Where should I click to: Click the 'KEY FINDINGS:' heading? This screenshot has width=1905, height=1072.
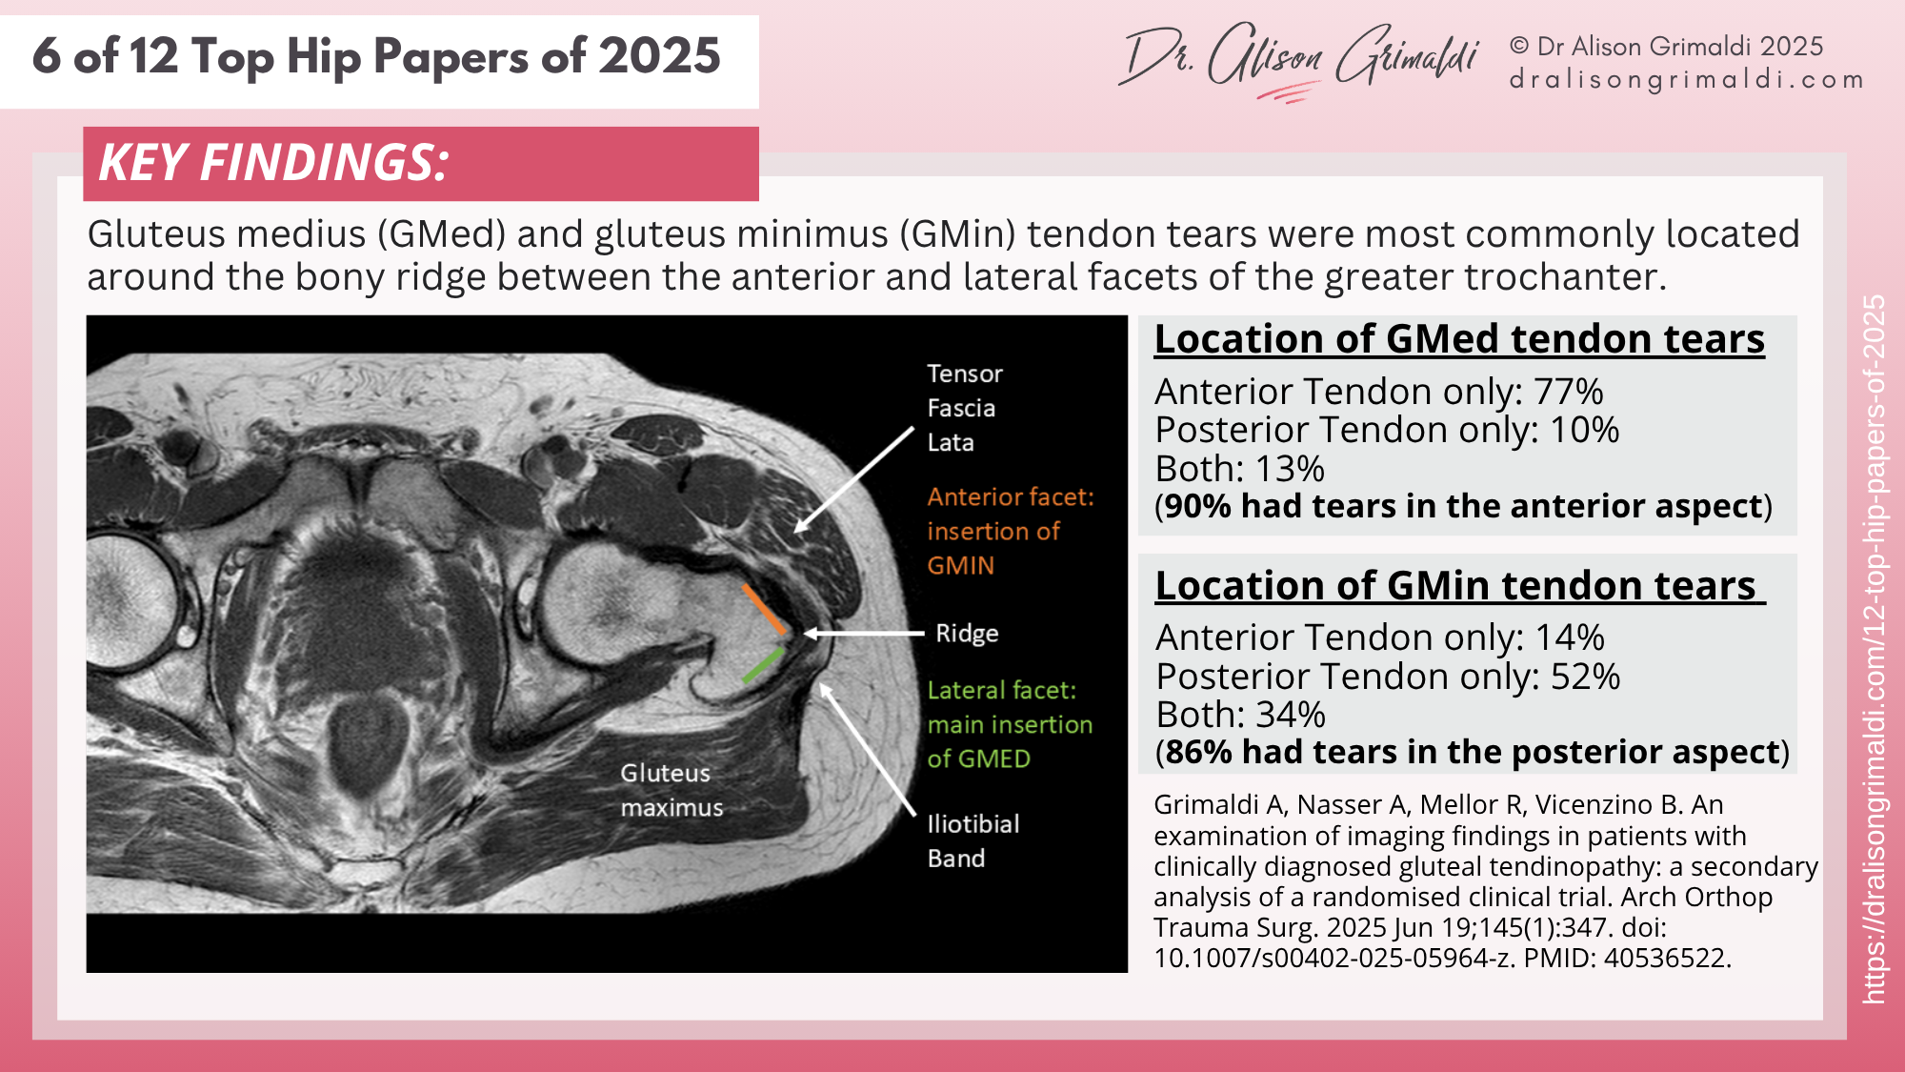pyautogui.click(x=274, y=163)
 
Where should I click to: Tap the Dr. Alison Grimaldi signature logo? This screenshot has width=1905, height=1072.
pyautogui.click(x=1299, y=59)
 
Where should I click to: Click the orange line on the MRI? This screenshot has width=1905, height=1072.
pyautogui.click(x=764, y=610)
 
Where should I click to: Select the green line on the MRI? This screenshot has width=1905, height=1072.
pyautogui.click(x=763, y=665)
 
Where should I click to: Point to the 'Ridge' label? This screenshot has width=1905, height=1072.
pyautogui.click(x=967, y=634)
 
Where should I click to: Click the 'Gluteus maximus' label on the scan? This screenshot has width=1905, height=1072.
pyautogui.click(x=672, y=790)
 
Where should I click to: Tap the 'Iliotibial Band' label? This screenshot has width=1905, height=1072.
pyautogui.click(x=973, y=840)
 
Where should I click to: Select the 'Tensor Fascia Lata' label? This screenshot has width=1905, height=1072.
pyautogui.click(x=964, y=408)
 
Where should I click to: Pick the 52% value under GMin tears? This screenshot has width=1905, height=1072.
pyautogui.click(x=1585, y=677)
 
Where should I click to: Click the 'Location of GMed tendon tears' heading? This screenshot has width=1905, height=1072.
pyautogui.click(x=1459, y=339)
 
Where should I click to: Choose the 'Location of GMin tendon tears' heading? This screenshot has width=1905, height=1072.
pyautogui.click(x=1459, y=585)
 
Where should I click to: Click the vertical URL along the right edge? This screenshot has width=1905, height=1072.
pyautogui.click(x=1874, y=648)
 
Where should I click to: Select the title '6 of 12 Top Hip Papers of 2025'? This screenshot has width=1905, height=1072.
pyautogui.click(x=377, y=56)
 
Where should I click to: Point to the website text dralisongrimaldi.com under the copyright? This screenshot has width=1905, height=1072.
pyautogui.click(x=1686, y=79)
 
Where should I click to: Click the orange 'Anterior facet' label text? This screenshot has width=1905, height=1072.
pyautogui.click(x=1010, y=531)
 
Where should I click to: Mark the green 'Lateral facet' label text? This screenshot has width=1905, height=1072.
pyautogui.click(x=1010, y=724)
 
